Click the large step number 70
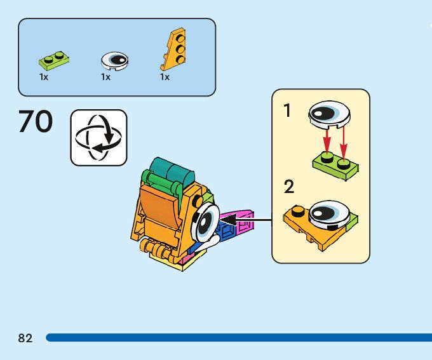pyautogui.click(x=36, y=121)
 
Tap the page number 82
pyautogui.click(x=25, y=338)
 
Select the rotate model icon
pyautogui.click(x=98, y=137)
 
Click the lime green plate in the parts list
pyautogui.click(x=53, y=60)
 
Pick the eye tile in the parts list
pyautogui.click(x=115, y=60)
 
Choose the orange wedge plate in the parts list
pyautogui.click(x=173, y=51)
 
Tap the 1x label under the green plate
pyautogui.click(x=44, y=77)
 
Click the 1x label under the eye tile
pyautogui.click(x=105, y=77)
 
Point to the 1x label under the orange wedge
pyautogui.click(x=165, y=77)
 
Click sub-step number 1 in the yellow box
pyautogui.click(x=287, y=111)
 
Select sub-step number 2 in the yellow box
pyautogui.click(x=289, y=187)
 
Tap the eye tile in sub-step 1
pyautogui.click(x=328, y=115)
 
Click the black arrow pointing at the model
pyautogui.click(x=245, y=221)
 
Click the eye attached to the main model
pyautogui.click(x=206, y=222)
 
